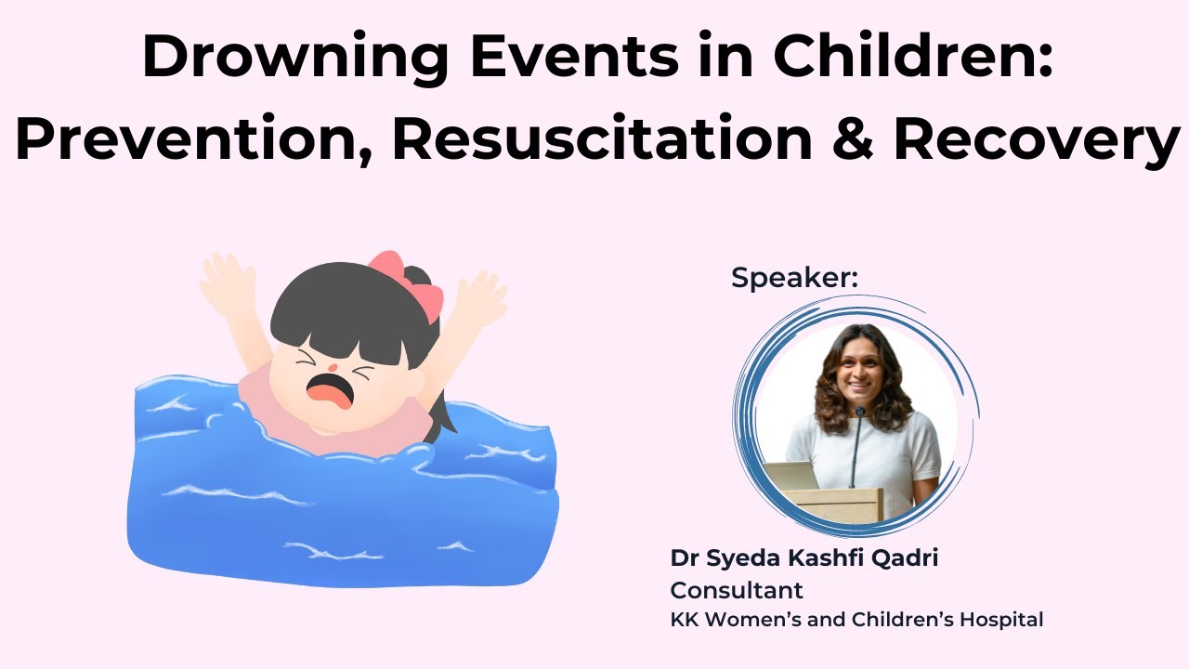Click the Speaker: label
tap(795, 277)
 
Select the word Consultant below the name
tap(737, 590)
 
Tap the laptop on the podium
tap(790, 477)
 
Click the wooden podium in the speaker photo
tap(836, 505)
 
